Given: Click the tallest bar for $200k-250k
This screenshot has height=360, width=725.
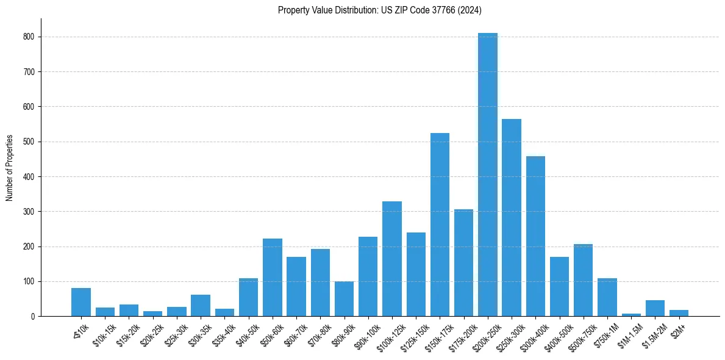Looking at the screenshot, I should point(488,177).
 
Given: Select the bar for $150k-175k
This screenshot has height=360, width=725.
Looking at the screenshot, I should point(440,226).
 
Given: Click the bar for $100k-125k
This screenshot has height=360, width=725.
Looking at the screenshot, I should point(392,259).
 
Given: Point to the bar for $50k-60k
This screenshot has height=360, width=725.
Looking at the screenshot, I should point(273,278).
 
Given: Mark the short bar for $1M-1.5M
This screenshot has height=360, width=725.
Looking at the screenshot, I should point(631,315).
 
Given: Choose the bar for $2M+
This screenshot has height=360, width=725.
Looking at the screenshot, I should point(679,314).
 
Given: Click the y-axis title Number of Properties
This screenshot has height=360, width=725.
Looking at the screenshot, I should point(9,168).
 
